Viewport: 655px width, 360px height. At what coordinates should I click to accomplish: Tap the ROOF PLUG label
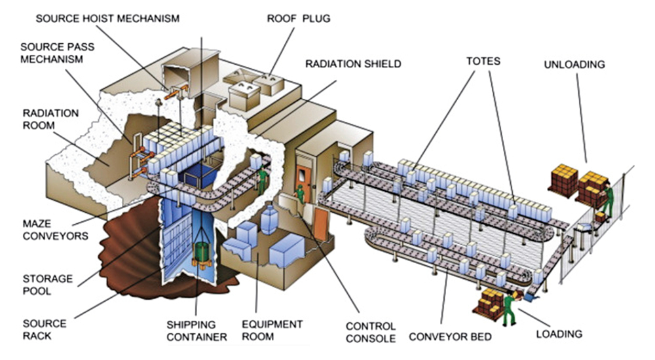pyautogui.click(x=298, y=18)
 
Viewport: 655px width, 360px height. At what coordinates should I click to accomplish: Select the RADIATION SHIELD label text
pyautogui.click(x=353, y=64)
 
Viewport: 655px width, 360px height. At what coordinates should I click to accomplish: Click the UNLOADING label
pyautogui.click(x=574, y=64)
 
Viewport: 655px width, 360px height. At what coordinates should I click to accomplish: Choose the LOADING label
pyautogui.click(x=559, y=334)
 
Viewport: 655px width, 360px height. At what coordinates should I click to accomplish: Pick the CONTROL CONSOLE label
pyautogui.click(x=371, y=332)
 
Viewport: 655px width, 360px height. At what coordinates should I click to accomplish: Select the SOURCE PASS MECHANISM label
pyautogui.click(x=52, y=53)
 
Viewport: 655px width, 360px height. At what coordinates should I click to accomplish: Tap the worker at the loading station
pyautogui.click(x=508, y=308)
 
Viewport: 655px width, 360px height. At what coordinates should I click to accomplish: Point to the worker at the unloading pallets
pyautogui.click(x=608, y=196)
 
